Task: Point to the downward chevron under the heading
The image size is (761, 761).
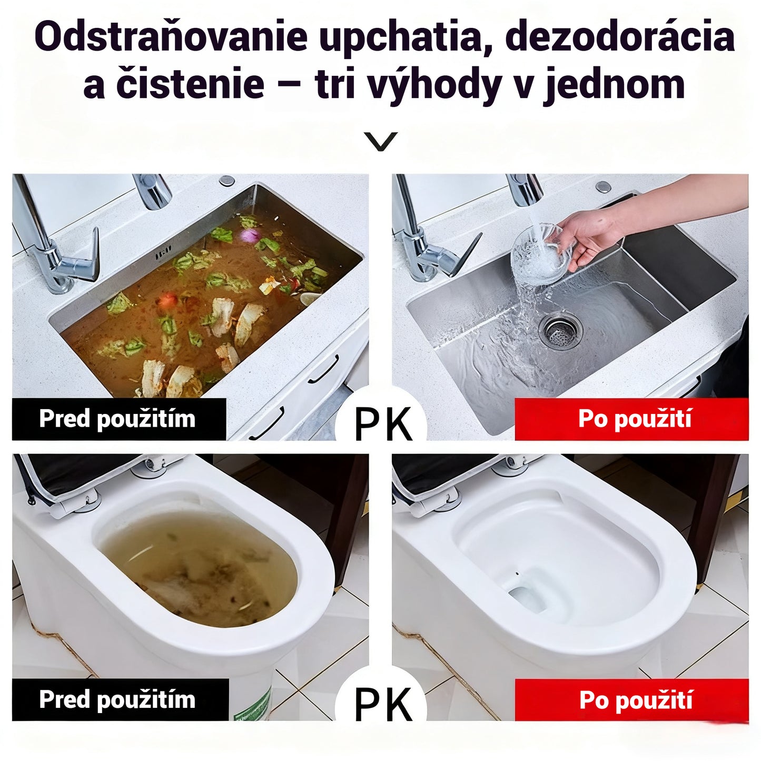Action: (x=381, y=141)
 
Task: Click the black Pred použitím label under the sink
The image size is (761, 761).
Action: (x=118, y=419)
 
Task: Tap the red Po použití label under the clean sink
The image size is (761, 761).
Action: (x=632, y=419)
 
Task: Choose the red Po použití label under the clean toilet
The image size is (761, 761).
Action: (x=632, y=700)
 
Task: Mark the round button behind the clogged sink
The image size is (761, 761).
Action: (x=227, y=181)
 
